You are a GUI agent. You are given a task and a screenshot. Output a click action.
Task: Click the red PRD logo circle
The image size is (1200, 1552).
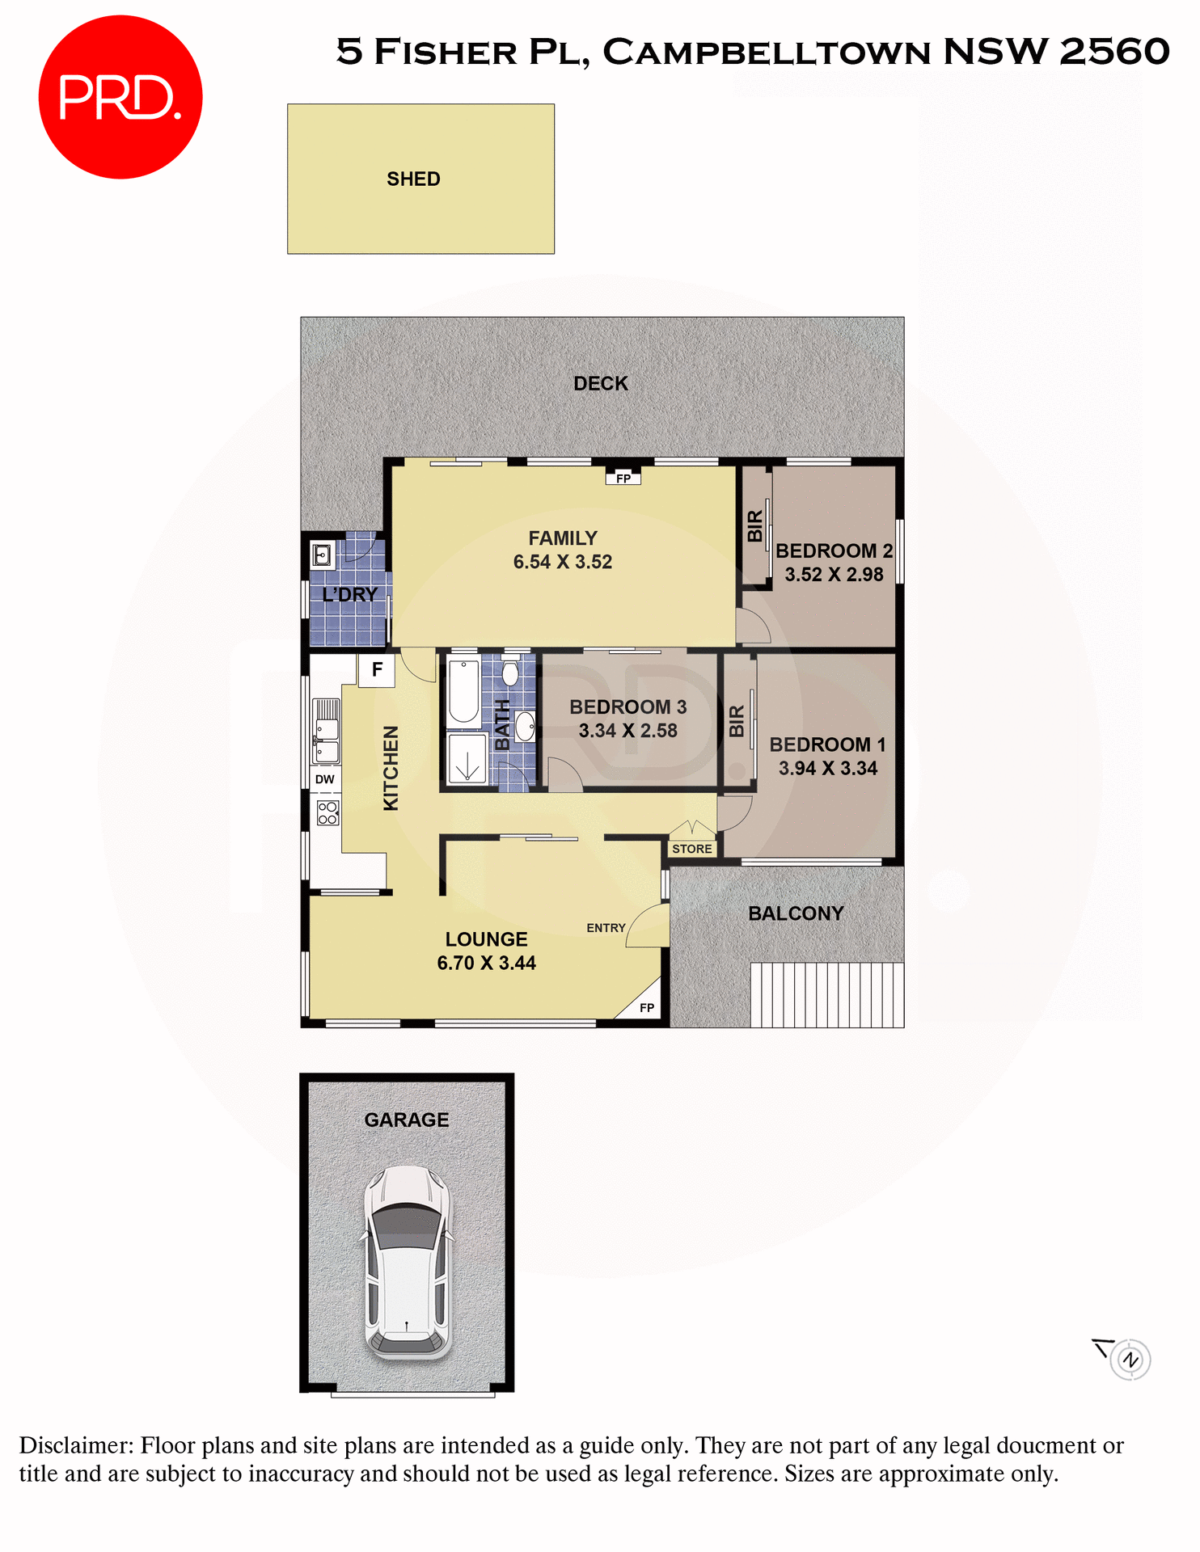120,97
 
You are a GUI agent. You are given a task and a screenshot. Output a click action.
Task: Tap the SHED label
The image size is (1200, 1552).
413,179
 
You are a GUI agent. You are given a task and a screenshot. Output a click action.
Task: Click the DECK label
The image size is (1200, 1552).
601,383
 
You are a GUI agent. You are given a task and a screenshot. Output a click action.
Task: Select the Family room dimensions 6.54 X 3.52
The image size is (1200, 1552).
563,562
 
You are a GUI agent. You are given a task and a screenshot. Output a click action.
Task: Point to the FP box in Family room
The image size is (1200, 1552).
623,479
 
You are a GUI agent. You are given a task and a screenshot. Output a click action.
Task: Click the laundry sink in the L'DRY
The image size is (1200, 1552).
322,555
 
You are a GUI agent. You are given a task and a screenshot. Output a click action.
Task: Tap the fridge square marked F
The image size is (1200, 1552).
377,670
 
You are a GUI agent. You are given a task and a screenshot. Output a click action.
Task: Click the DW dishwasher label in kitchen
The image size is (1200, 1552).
325,779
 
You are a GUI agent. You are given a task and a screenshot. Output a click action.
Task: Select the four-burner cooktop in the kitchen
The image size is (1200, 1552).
327,812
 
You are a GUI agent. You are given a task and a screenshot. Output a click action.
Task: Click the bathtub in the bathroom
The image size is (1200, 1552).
464,692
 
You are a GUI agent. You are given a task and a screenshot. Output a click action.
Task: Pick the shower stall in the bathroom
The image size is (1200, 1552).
467,759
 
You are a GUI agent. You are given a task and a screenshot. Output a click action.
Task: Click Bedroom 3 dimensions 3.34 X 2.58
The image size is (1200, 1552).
628,731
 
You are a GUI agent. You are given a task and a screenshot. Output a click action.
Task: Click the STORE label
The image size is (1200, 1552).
692,849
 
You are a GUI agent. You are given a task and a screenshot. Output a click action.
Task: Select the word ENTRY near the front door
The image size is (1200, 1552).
606,928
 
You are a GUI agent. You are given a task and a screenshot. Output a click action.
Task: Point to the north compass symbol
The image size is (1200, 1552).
1130,1360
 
